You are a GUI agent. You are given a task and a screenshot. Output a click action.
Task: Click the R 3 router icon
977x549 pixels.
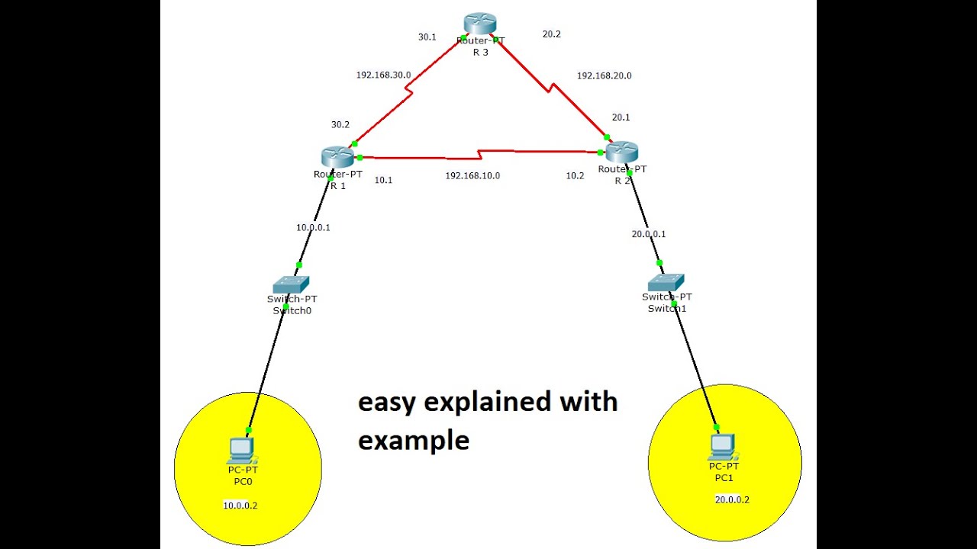coord(480,23)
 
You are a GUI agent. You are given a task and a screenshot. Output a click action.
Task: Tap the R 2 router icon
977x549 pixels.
coord(621,152)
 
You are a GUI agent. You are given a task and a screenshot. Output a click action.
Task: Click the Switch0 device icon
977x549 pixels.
coord(292,284)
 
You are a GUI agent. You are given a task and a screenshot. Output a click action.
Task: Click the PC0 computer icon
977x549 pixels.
coord(242,450)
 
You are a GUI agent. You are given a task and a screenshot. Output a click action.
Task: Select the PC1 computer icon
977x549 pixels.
coord(722,447)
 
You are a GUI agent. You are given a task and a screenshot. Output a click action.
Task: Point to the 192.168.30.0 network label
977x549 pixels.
coord(383,75)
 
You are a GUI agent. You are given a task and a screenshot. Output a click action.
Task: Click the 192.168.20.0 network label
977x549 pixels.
coord(604,76)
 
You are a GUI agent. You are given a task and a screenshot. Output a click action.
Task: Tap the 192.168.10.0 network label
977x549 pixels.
coord(472,176)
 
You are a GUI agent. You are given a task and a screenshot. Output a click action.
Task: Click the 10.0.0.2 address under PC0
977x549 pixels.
coord(240,505)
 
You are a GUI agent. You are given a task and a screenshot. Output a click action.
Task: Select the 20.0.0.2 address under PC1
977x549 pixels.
coord(732,500)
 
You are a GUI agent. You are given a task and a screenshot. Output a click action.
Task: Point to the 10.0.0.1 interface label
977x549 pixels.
coord(313,227)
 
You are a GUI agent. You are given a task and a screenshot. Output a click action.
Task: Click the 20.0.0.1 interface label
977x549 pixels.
coord(648,234)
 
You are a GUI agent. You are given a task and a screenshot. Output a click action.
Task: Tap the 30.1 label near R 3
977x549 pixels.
coord(427,37)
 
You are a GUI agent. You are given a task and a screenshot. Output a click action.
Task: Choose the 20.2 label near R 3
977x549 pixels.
coord(551,34)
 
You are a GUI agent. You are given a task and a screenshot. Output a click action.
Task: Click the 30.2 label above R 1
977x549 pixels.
coord(340,124)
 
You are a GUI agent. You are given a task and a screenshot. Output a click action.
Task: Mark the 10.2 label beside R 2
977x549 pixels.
coord(574,176)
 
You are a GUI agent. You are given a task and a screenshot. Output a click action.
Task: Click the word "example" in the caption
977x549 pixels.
coord(414,441)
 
